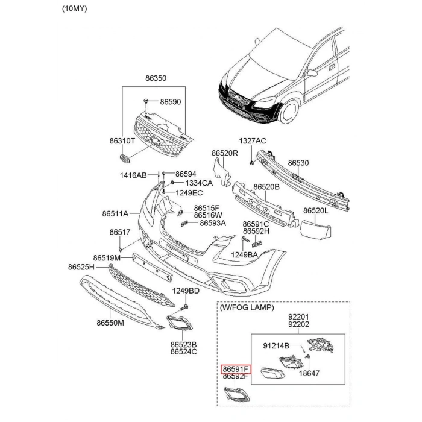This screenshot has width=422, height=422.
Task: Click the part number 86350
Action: point(155,78)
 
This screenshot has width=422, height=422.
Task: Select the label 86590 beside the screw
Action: point(170,102)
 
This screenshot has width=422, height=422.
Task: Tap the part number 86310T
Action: point(122,141)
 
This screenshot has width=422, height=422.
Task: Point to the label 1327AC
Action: point(252,141)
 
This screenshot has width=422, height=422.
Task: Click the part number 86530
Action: point(298,163)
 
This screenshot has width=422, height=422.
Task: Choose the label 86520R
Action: point(225,153)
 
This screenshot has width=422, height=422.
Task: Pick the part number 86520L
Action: point(315,211)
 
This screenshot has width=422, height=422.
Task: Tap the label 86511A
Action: point(115,213)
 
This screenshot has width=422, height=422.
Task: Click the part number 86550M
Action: point(110,323)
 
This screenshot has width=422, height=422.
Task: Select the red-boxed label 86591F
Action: point(236,368)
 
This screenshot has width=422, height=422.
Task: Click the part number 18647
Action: point(309,374)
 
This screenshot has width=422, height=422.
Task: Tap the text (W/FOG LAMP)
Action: point(247,307)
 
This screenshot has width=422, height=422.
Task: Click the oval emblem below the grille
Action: point(125,159)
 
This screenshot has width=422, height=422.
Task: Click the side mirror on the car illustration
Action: point(312,73)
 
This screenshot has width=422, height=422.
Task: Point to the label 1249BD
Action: point(186,291)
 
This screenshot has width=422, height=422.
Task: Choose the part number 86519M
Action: point(107,257)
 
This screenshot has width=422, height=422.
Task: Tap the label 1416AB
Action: point(133,175)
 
